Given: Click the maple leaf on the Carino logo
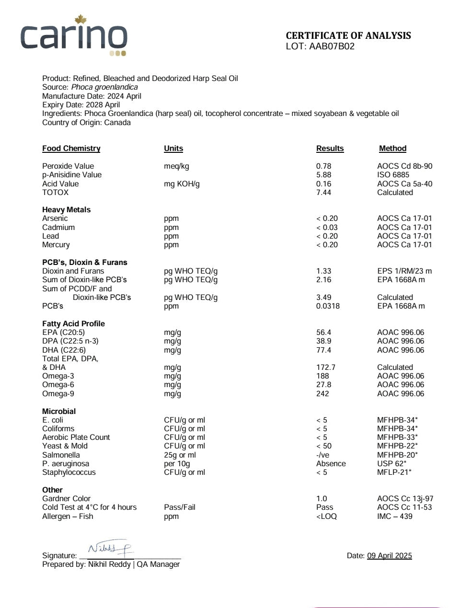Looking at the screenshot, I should click(80, 20).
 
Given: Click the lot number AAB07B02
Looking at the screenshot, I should click(332, 46).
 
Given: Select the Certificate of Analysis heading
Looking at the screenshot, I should click(348, 35).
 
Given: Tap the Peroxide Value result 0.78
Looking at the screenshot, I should click(323, 166).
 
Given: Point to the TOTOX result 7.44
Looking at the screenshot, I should click(323, 193).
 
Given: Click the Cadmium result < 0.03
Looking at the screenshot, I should click(327, 228).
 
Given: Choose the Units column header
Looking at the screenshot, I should click(173, 149).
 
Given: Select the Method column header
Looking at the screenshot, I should click(392, 149).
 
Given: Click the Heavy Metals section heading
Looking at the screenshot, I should click(66, 210).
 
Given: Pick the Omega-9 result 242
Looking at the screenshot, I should click(322, 394).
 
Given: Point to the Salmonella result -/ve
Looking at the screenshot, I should click(322, 455).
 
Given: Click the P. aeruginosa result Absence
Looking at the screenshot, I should click(331, 464).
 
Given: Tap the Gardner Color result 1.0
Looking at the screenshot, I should click(321, 499).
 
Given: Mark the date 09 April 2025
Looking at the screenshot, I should click(389, 556).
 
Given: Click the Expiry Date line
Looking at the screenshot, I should click(81, 105).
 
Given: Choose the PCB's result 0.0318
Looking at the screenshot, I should click(328, 306).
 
